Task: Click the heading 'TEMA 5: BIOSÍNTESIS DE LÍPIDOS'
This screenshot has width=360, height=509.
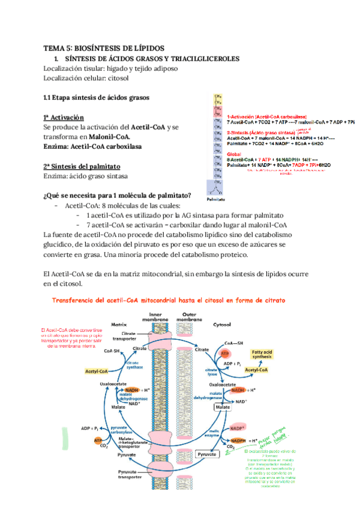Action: click(x=103, y=49)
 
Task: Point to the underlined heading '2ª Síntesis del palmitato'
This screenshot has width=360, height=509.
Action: click(x=82, y=166)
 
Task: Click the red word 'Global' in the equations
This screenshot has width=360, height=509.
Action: click(x=234, y=153)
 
